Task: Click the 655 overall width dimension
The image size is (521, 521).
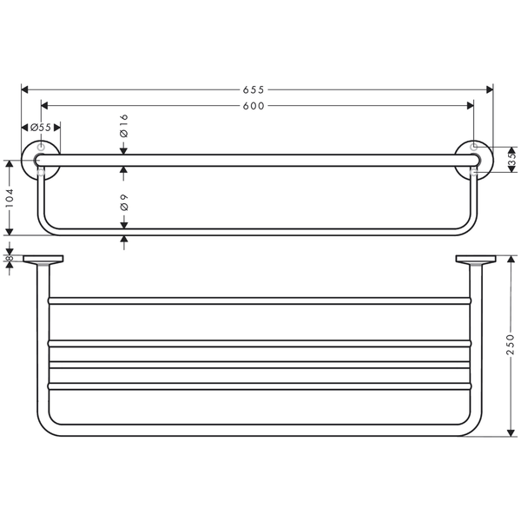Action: [254, 89]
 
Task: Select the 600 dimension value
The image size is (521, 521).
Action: [254, 106]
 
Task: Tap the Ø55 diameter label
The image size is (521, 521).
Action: [41, 128]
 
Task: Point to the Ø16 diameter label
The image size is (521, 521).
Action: [123, 126]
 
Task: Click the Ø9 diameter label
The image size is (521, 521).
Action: [123, 202]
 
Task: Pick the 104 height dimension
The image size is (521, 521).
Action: [10, 198]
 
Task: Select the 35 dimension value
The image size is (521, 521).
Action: [512, 160]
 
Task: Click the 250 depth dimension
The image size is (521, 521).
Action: [511, 345]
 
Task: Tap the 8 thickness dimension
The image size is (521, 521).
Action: [9, 258]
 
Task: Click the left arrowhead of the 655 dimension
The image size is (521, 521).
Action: [24, 89]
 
